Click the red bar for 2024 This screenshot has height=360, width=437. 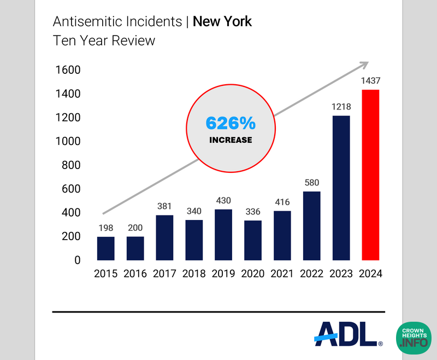(x=370, y=175)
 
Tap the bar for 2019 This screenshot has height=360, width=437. (x=223, y=235)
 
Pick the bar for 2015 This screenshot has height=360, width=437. (x=106, y=248)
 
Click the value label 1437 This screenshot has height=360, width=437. (x=370, y=81)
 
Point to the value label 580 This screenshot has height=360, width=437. (x=311, y=183)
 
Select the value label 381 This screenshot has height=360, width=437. (x=164, y=207)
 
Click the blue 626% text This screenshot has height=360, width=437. (x=231, y=124)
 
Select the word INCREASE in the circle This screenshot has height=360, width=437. (x=231, y=140)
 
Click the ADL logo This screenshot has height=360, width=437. (x=347, y=333)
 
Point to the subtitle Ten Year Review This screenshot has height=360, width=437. (x=104, y=40)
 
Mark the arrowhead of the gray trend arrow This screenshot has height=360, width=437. (x=364, y=65)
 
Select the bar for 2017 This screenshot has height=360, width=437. (x=164, y=237)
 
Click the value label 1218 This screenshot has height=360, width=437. (x=341, y=107)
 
